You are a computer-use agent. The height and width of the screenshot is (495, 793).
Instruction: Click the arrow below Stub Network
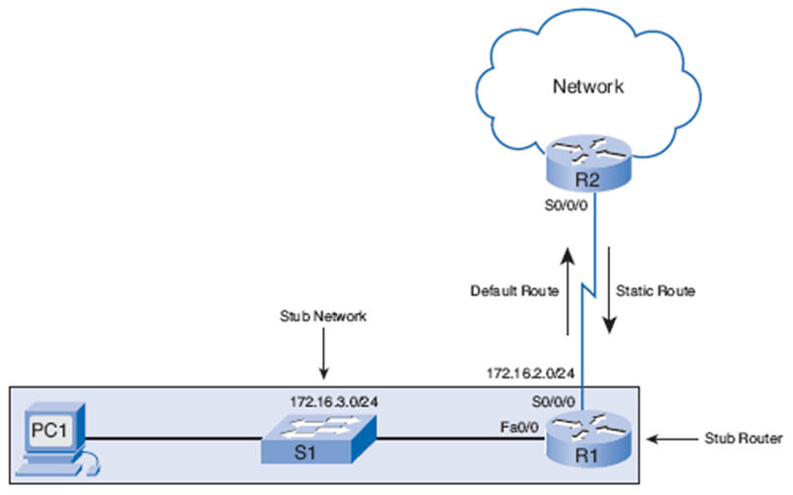click(x=323, y=357)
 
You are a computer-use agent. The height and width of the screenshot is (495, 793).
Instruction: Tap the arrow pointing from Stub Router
click(x=672, y=435)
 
